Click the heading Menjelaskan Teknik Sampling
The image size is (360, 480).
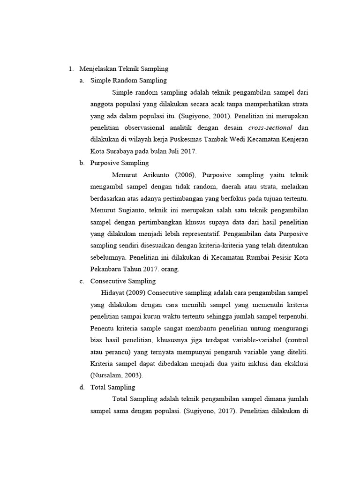pos(124,69)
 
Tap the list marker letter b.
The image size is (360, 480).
pos(82,163)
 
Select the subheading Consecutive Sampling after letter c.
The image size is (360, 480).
pos(123,281)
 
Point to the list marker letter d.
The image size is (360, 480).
pos(82,387)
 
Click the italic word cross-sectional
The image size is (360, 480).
pos(270,127)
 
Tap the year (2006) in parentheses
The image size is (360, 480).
pos(187,175)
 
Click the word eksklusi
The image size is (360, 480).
pos(295,363)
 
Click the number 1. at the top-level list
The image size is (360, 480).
pos(71,69)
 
